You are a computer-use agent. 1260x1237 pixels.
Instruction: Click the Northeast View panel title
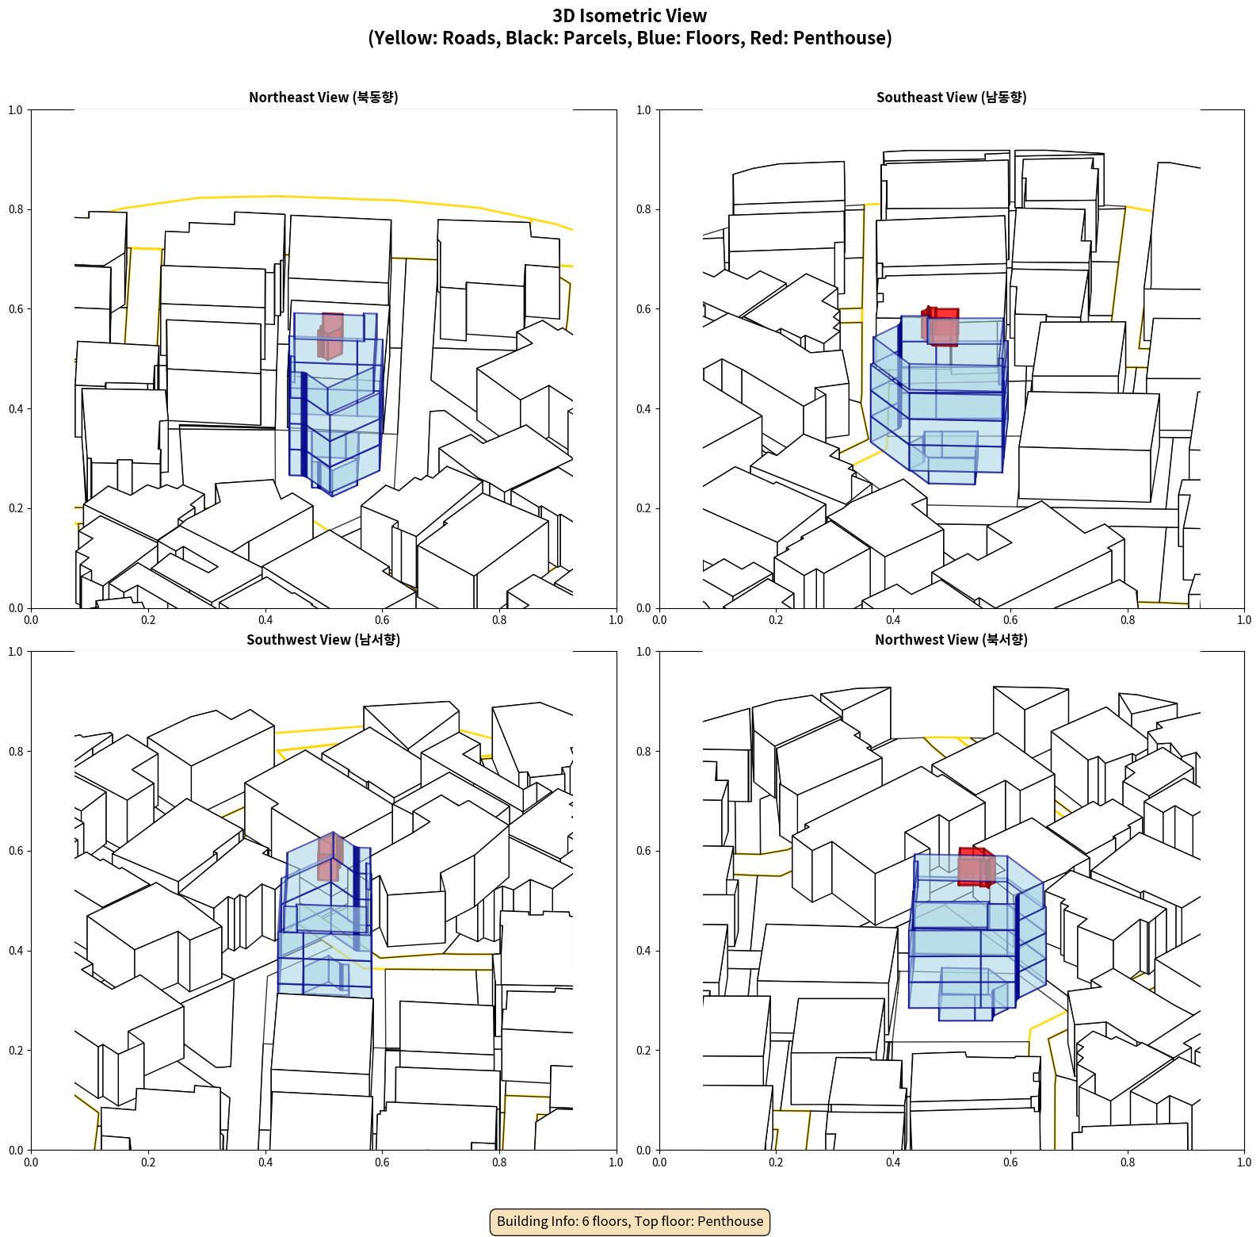[323, 97]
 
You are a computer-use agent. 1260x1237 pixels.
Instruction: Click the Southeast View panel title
[951, 97]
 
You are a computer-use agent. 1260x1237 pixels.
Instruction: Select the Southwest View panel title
[323, 639]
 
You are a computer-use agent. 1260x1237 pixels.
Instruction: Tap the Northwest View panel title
[951, 639]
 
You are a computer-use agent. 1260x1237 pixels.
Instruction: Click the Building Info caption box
[630, 1221]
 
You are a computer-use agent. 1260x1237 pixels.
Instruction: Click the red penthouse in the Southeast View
[941, 326]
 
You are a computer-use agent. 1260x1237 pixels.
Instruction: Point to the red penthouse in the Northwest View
[976, 867]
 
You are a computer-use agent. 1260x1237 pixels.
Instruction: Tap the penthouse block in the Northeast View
[330, 336]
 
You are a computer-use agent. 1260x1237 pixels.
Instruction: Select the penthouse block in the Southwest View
[330, 857]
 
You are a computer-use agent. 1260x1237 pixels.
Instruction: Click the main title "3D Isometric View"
[630, 16]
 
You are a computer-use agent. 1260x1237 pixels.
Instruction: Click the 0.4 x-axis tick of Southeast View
[893, 620]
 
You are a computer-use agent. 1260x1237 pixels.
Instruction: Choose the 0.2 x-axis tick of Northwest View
[776, 1162]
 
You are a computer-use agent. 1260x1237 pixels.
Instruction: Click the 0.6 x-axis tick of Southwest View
[382, 1162]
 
